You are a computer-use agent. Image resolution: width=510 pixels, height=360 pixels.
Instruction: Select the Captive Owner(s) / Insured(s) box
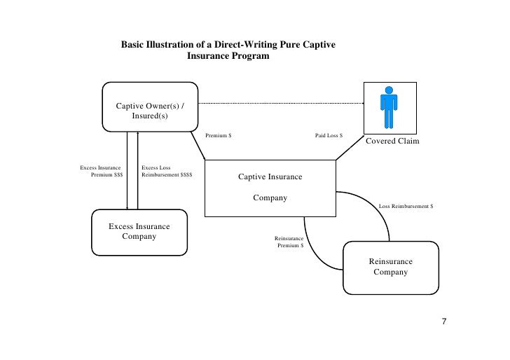coord(150,106)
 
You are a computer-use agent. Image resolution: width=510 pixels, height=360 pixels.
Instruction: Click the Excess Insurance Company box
coord(139,232)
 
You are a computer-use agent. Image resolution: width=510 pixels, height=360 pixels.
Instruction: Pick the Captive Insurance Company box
coord(270,188)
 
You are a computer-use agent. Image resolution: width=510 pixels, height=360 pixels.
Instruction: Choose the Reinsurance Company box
coord(390,267)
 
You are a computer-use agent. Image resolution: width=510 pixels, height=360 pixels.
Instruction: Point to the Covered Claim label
coord(392,141)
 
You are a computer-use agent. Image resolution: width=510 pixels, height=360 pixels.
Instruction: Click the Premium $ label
coord(219,134)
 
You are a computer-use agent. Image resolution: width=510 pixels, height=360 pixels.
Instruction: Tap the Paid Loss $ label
coord(329,134)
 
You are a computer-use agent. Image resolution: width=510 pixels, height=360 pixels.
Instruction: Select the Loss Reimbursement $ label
coord(406,207)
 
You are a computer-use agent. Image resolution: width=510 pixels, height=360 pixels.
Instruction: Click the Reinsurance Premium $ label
coord(289,242)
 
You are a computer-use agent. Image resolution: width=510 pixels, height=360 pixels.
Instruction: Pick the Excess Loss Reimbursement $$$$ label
coord(167,172)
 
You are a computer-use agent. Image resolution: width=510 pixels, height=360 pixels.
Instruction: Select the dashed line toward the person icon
coord(280,102)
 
